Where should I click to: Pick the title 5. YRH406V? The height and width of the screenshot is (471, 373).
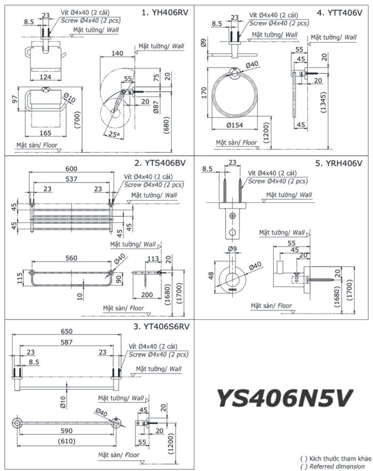click(x=338, y=163)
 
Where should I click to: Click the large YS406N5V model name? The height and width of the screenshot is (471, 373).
click(x=285, y=396)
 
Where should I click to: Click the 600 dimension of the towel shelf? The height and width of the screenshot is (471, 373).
click(x=71, y=169)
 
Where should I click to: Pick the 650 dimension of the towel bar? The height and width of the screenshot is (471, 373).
click(x=66, y=330)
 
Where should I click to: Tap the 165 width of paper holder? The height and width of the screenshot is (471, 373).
click(x=45, y=134)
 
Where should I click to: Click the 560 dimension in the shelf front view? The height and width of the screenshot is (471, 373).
click(x=71, y=258)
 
